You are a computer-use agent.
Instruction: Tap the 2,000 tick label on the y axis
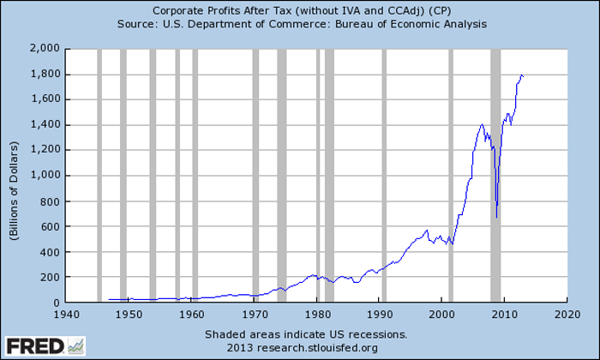[43, 48]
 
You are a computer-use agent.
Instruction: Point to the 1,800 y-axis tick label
[43, 74]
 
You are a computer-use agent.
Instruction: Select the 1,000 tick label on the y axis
[43, 176]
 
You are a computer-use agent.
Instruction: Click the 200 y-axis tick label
[49, 278]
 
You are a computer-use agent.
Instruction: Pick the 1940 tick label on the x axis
[66, 315]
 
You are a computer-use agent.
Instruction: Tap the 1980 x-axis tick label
[317, 315]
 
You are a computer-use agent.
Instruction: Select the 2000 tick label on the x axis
[442, 315]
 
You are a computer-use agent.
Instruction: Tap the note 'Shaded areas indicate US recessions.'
[305, 334]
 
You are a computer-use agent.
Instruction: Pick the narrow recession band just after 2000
[451, 171]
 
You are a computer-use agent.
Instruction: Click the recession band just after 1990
[383, 171]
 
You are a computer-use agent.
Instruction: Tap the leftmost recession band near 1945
[99, 171]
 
